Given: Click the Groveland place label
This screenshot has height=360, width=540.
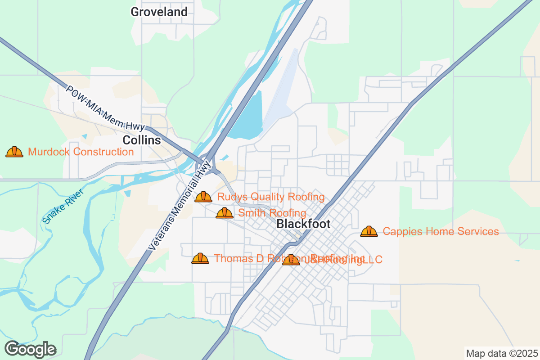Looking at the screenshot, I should click(x=159, y=12).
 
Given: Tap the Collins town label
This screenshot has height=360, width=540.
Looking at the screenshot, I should click(x=142, y=140).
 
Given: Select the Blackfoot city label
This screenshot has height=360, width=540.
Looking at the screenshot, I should click(x=303, y=224).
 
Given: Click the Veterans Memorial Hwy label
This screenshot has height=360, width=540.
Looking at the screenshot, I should click(x=180, y=206).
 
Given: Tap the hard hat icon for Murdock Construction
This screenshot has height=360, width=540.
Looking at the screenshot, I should click(x=14, y=152).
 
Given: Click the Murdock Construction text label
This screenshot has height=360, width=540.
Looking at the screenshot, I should click(x=81, y=152).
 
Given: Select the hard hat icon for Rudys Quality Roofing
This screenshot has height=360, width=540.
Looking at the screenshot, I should click(x=203, y=197).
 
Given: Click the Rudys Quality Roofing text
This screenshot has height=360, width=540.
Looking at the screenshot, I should click(x=270, y=197).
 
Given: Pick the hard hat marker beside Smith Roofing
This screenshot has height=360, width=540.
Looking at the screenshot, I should click(x=225, y=213).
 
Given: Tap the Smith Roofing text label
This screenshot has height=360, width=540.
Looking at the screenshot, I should click(x=272, y=213).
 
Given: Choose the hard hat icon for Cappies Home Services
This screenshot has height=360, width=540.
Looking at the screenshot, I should click(x=369, y=231).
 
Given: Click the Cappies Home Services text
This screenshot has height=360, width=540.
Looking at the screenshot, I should click(x=441, y=231).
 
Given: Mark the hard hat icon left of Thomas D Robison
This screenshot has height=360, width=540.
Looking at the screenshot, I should click(x=200, y=258).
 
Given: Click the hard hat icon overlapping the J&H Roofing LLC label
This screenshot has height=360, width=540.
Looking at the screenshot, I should click(x=291, y=260).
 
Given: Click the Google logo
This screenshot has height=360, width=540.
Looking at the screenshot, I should click(x=30, y=349).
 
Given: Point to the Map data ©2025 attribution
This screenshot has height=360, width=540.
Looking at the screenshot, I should click(x=501, y=353).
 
